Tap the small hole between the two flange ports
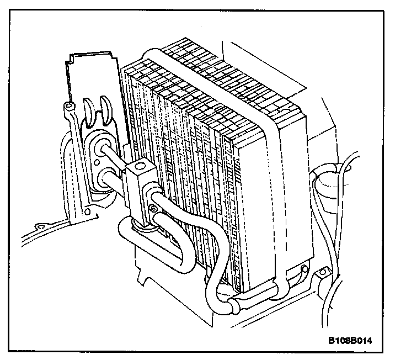point(97,162)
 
